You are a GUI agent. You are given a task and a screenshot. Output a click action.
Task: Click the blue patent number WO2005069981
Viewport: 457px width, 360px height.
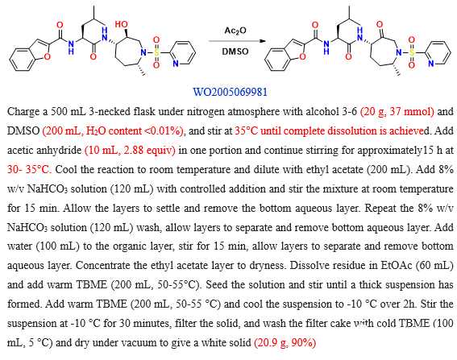coord(230,92)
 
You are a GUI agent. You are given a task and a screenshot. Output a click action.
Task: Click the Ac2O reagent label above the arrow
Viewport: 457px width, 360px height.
coord(235,31)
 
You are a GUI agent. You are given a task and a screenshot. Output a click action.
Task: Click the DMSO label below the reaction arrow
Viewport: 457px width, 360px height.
coord(235,52)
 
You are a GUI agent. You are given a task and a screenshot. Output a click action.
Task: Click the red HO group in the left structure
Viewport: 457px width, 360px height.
coord(121,24)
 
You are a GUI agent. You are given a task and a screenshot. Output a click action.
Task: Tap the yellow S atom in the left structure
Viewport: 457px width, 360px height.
coord(156,52)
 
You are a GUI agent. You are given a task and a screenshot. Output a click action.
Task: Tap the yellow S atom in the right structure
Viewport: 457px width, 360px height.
coord(412,52)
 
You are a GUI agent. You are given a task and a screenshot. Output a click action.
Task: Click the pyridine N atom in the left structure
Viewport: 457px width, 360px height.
coord(176,64)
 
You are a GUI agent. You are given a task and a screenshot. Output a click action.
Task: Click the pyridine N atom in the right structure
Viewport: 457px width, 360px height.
coord(430,64)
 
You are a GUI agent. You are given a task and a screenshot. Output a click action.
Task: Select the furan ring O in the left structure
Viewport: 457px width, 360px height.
coord(47,56)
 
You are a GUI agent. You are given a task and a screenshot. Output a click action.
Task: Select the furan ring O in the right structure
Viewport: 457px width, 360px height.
coord(302,56)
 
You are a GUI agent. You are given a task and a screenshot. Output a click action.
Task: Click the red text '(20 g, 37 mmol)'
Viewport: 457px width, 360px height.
coord(397,112)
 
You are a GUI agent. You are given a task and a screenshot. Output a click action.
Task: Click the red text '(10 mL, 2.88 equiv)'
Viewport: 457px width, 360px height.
coord(130,150)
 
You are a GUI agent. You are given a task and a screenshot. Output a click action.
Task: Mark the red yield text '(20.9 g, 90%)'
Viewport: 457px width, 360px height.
coord(285,342)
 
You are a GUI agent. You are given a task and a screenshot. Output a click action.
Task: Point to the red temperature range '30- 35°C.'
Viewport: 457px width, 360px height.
coord(29,169)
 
